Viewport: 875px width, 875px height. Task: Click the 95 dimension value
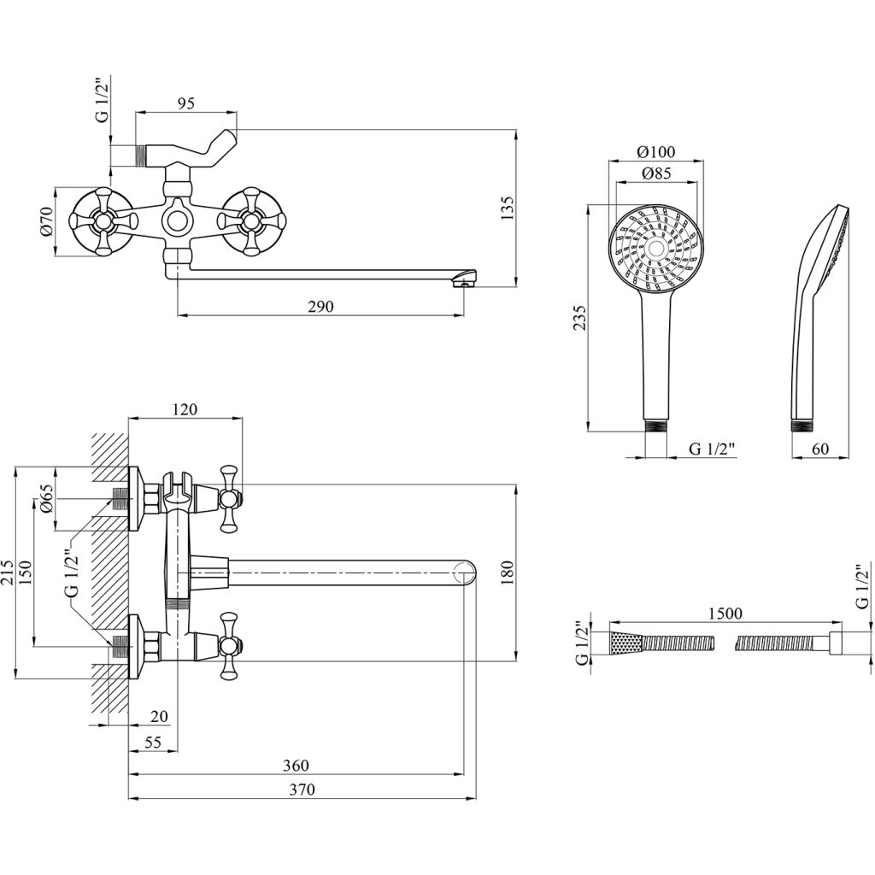point(186,103)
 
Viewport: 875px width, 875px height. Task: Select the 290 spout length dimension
point(320,307)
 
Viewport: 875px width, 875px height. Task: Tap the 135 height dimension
point(507,207)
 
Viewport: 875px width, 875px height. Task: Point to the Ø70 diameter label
point(47,221)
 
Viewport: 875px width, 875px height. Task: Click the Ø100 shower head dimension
point(656,152)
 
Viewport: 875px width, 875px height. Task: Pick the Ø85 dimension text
point(655,174)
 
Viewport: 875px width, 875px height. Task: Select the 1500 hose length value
point(725,614)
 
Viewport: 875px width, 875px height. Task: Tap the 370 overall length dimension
point(301,790)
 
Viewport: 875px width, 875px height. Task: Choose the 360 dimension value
point(295,766)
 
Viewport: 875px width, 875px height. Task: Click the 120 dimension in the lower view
point(185,410)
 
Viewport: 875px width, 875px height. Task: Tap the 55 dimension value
point(153,743)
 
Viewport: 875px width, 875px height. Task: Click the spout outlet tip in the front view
point(465,278)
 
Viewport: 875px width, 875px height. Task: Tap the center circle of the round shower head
point(656,249)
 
